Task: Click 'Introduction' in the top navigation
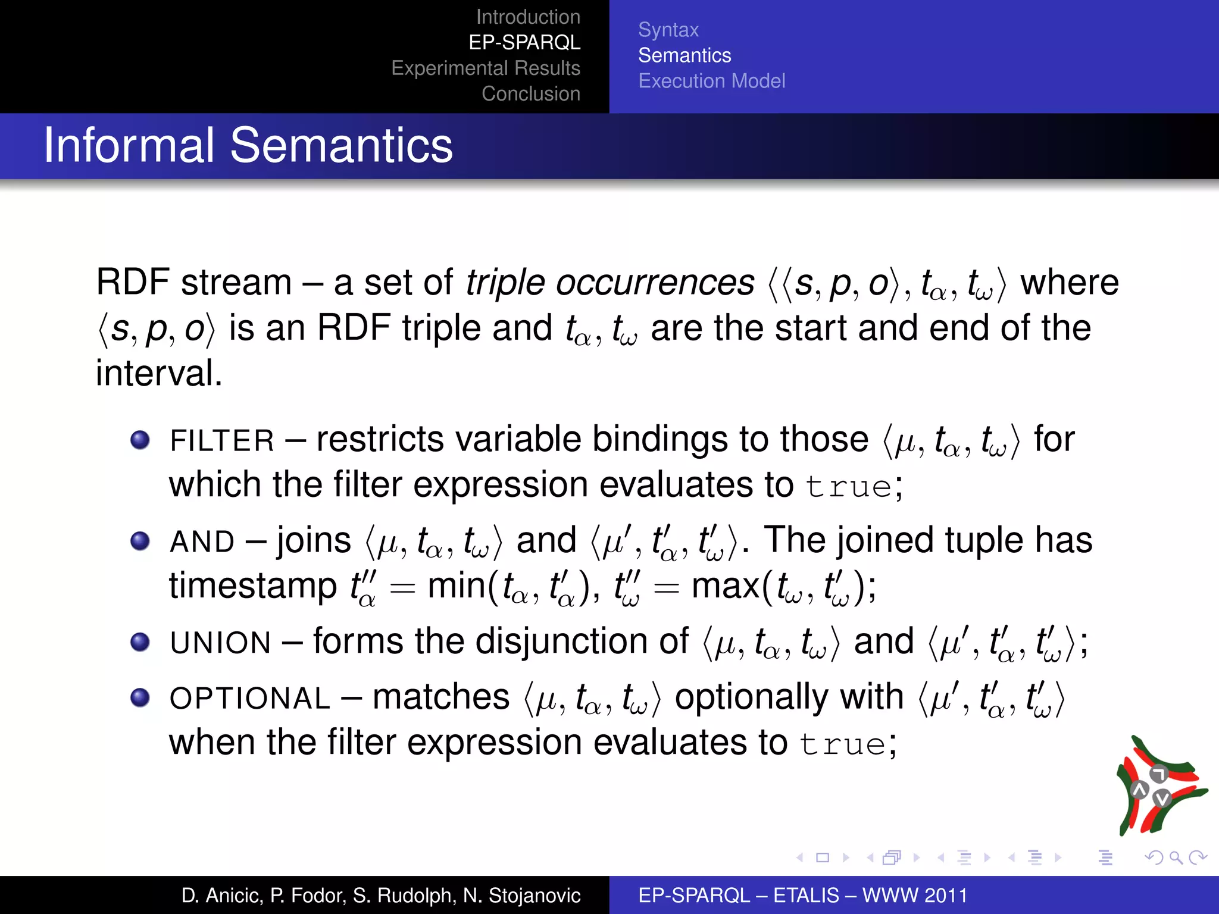click(x=528, y=17)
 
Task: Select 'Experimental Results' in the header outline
click(x=486, y=68)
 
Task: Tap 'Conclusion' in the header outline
click(x=531, y=94)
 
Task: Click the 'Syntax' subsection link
click(x=668, y=30)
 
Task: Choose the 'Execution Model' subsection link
click(x=711, y=81)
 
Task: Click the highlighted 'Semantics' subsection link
click(x=684, y=55)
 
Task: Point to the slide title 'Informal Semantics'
click(x=248, y=146)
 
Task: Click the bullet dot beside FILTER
click(x=140, y=440)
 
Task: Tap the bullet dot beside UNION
click(x=140, y=642)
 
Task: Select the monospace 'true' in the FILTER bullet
click(x=848, y=487)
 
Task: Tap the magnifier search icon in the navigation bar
click(x=1176, y=857)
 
